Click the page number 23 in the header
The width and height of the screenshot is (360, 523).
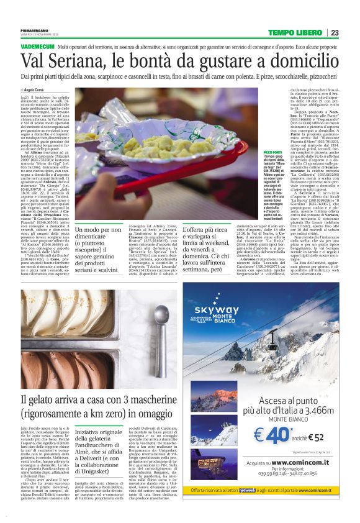tap(335, 33)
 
